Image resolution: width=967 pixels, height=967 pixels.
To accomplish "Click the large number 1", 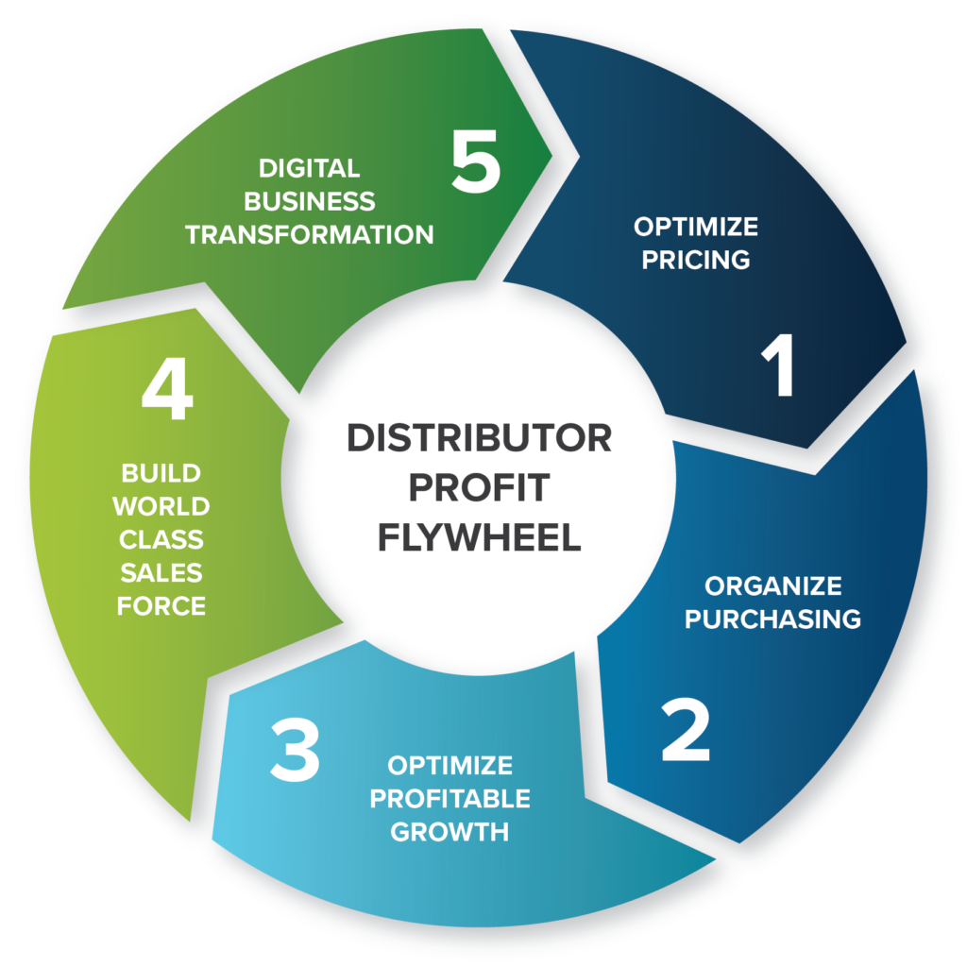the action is [779, 365].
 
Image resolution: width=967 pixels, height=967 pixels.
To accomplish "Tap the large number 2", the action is [686, 730].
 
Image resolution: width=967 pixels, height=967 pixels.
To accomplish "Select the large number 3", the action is [295, 749].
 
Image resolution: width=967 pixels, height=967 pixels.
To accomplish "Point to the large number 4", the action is [167, 388].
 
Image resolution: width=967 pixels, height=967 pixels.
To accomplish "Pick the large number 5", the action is [475, 161].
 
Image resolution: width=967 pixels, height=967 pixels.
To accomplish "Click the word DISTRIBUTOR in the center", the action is [479, 438].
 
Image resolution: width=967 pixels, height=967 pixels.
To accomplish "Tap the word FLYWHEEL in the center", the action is [479, 537].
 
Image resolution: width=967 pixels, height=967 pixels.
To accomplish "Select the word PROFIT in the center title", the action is [479, 488].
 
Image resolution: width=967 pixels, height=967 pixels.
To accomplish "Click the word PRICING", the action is [696, 260].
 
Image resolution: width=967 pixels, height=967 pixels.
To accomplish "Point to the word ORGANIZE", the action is [772, 585].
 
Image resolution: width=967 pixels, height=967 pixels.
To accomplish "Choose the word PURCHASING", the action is [772, 619].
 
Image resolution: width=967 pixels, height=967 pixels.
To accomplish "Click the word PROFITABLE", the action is [450, 799].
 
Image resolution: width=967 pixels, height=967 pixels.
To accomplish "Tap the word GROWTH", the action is [450, 832].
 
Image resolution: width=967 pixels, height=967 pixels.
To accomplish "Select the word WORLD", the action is [161, 506].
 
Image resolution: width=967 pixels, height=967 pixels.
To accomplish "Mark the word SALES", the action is [161, 573].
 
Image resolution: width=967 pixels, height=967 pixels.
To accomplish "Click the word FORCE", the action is [161, 606].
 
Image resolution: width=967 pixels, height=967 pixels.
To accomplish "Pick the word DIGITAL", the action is [310, 168].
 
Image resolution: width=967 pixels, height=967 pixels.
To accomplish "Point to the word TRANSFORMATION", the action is [310, 234].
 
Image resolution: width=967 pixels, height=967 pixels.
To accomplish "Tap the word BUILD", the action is [161, 473].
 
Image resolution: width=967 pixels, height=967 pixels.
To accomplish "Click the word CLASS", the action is [161, 539].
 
